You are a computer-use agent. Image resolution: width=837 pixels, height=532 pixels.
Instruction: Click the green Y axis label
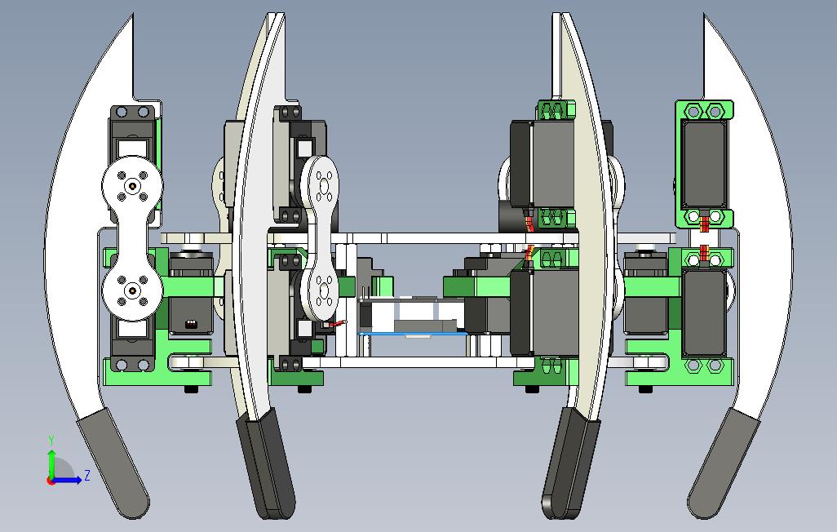pyautogui.click(x=51, y=440)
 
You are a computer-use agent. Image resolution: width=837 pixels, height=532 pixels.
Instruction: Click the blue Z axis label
pyautogui.click(x=87, y=475)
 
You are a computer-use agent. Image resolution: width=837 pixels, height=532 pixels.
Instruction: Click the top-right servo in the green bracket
pyautogui.click(x=704, y=164)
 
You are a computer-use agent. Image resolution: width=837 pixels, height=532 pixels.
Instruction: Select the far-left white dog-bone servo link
pyautogui.click(x=132, y=238)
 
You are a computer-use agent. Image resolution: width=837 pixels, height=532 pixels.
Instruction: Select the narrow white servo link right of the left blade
pyautogui.click(x=321, y=237)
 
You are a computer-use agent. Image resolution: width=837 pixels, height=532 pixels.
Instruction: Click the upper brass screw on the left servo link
pyautogui.click(x=132, y=185)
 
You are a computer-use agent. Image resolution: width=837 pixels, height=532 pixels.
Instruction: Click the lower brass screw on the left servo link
pyautogui.click(x=132, y=290)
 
